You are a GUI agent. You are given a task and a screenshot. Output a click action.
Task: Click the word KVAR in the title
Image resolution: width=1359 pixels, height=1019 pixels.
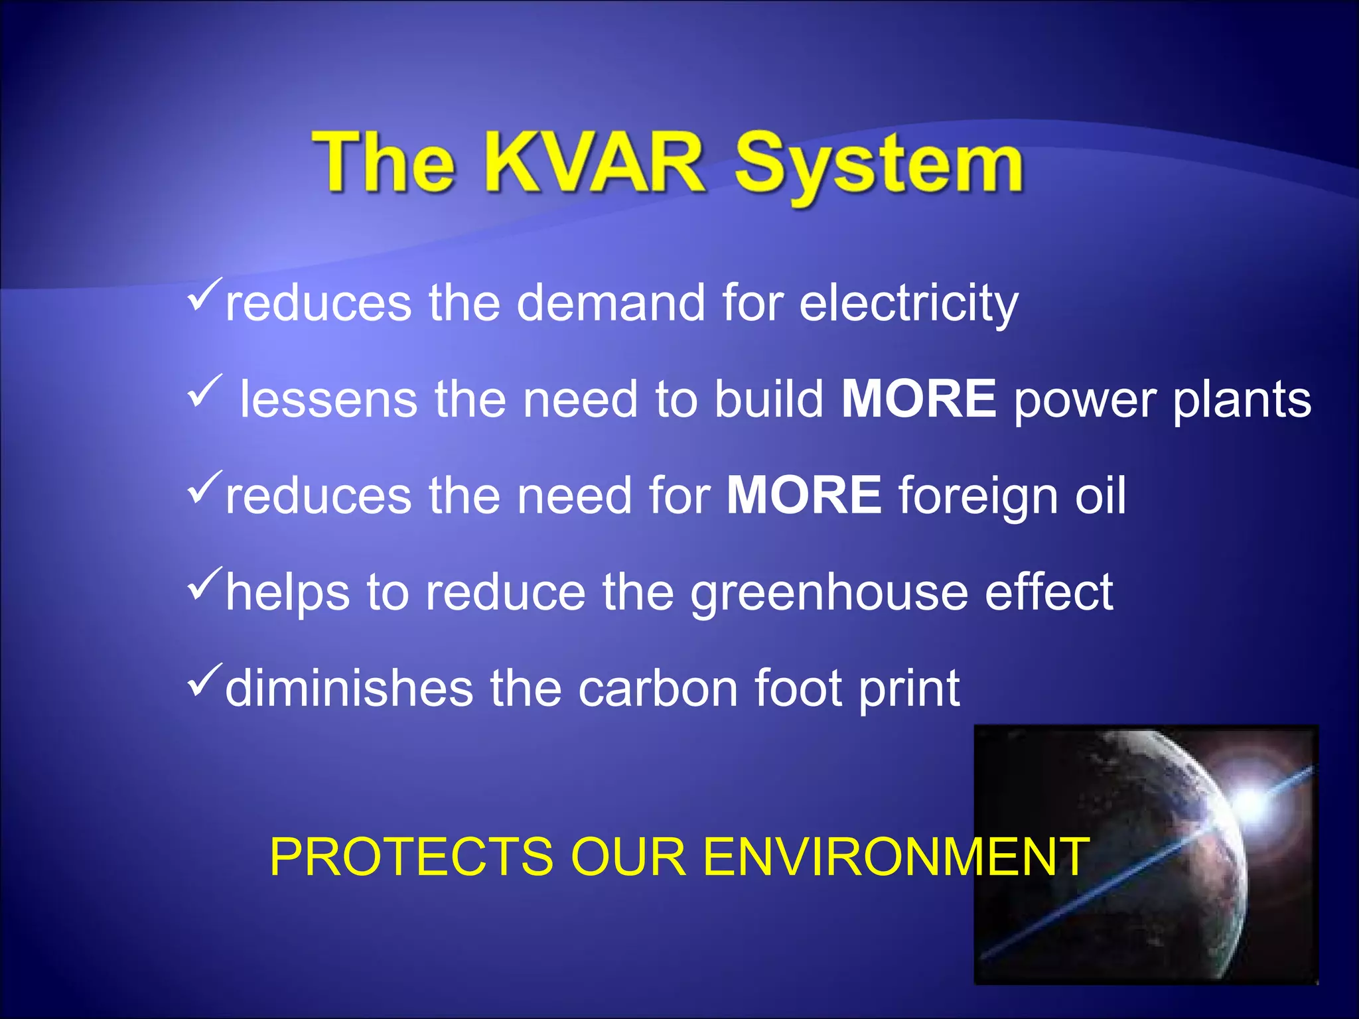coord(593,162)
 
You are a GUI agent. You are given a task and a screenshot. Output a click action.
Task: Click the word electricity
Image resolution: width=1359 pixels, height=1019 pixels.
coord(908,304)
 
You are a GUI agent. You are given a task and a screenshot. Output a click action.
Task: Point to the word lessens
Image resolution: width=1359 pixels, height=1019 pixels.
coord(328,399)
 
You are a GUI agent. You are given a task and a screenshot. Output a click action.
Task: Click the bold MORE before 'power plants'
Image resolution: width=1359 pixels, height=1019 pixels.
coord(918,398)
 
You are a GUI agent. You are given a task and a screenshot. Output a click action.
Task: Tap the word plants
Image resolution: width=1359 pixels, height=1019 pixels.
coord(1242,401)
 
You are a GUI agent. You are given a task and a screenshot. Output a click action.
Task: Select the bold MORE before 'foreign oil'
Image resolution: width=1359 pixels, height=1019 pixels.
coord(804,495)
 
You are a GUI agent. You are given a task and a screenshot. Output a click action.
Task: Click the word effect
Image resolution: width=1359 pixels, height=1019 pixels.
coord(1048,592)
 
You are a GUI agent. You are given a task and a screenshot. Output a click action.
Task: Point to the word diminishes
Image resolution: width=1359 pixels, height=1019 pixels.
coord(349,689)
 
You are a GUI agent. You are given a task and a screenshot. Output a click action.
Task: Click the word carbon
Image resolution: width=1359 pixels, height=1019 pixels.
coord(658,689)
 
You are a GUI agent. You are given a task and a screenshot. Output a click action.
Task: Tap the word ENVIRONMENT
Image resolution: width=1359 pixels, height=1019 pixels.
coord(896,857)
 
